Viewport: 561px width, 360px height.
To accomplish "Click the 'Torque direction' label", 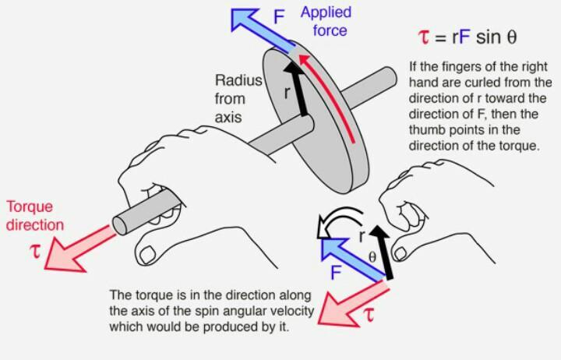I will pyautogui.click(x=36, y=216).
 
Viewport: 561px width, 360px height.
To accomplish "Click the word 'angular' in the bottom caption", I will pyautogui.click(x=221, y=312).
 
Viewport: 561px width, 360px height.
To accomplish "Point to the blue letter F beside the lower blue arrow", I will pyautogui.click(x=336, y=272).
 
